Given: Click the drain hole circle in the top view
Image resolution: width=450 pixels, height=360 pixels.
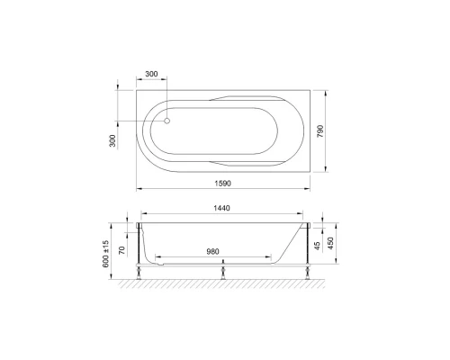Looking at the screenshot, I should tap(167, 119).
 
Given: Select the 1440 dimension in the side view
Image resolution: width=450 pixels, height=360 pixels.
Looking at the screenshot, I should tap(223, 209).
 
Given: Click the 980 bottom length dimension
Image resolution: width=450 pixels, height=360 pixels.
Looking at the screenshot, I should tap(212, 251).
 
